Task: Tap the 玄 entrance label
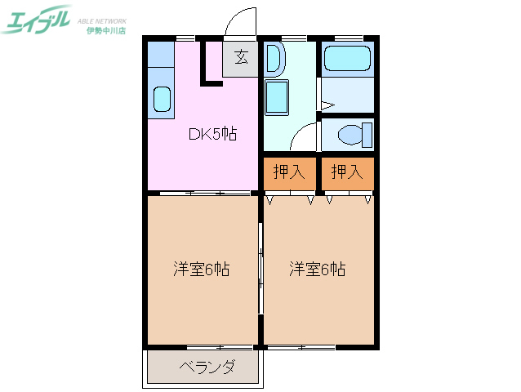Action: point(242,58)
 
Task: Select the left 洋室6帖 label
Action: point(201,269)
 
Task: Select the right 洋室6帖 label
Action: point(317,269)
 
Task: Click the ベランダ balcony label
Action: point(207,367)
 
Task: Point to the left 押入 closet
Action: point(289,172)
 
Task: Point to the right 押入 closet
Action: point(347,172)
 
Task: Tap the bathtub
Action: point(347,59)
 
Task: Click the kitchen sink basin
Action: point(162,100)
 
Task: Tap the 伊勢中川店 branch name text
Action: point(106,30)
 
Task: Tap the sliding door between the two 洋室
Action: point(260,269)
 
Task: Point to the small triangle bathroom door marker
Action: point(326,105)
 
